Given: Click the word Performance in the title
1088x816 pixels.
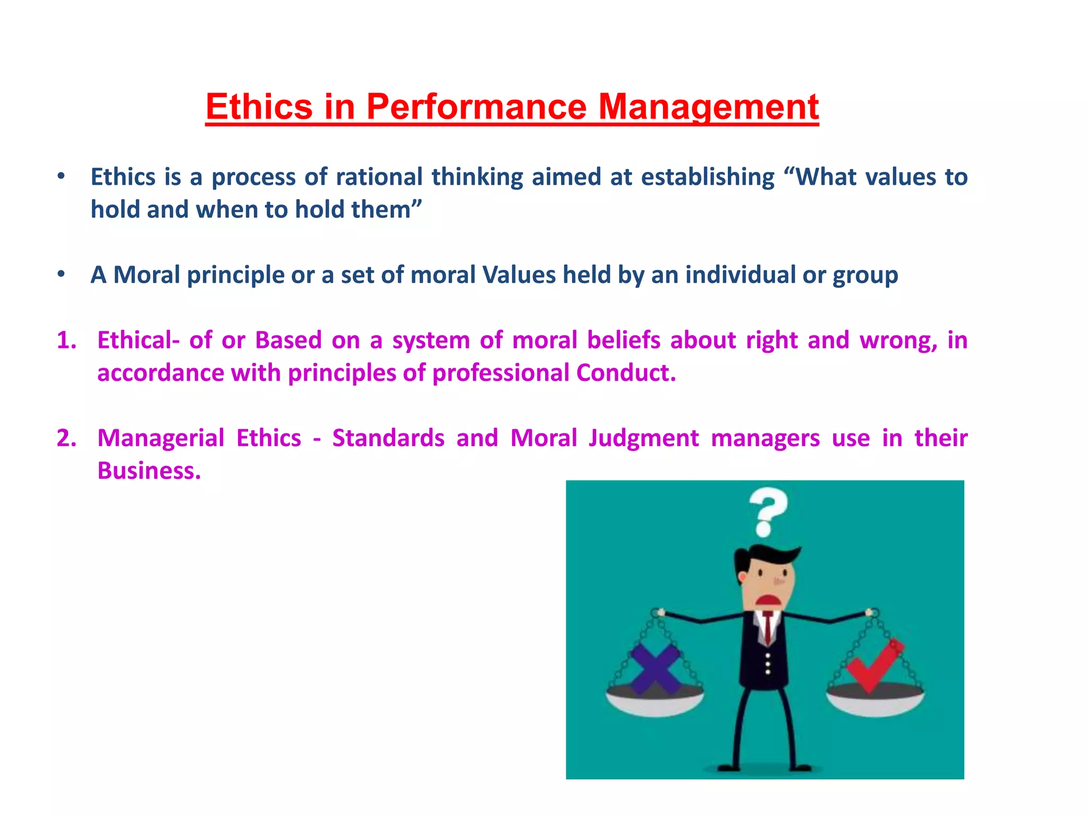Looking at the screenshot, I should point(476,106).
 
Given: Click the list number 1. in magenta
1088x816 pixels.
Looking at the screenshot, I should point(67,340).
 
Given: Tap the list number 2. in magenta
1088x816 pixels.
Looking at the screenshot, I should point(67,438).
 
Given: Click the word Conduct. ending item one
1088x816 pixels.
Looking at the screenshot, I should point(626,373).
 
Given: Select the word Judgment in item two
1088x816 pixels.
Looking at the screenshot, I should point(643,438).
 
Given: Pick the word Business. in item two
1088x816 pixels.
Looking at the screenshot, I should point(149,471).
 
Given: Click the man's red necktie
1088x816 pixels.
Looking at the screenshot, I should point(768,627).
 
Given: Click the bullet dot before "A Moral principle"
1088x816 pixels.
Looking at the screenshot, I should point(61,274).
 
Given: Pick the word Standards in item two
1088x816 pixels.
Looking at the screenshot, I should point(388,438).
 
